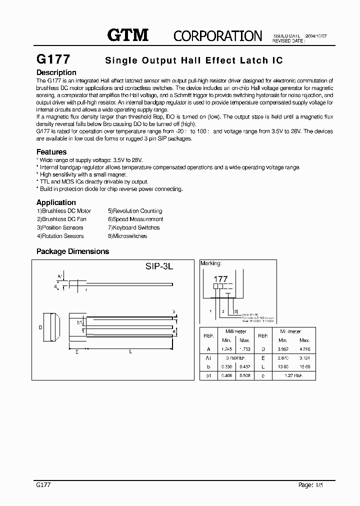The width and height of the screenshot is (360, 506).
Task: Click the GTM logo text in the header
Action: coord(128,34)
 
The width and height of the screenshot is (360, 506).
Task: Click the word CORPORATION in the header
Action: coord(217,35)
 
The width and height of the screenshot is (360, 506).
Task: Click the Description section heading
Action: coord(56,72)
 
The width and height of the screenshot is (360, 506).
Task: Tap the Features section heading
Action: coord(51,151)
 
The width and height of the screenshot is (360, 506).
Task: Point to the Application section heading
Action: coord(56,202)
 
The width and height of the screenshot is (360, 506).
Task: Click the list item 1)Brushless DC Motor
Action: coord(64,211)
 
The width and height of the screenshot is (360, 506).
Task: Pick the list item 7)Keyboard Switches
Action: coord(133,227)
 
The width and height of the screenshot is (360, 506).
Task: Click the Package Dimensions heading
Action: coord(72,251)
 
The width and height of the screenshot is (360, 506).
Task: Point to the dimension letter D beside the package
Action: coord(40,327)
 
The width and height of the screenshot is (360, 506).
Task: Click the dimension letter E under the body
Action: coord(77,352)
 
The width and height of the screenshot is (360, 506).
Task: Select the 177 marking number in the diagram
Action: coord(220,279)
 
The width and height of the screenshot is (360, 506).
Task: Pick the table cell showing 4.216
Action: coord(304,349)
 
